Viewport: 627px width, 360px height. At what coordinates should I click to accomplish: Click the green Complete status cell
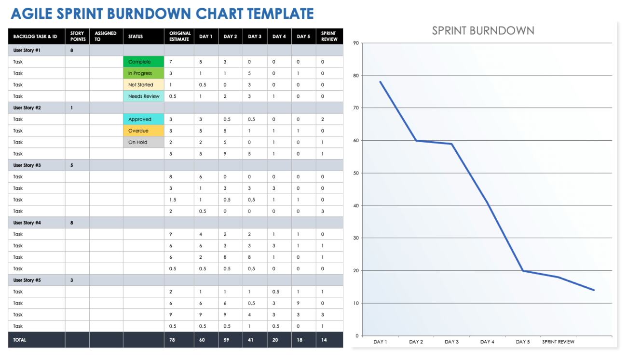point(143,62)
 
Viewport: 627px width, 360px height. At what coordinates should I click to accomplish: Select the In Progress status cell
point(143,73)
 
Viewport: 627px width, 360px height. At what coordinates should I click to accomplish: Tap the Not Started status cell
point(143,85)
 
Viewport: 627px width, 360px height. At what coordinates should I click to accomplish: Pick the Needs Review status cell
point(143,96)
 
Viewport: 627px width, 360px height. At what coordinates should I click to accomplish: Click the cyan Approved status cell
point(143,120)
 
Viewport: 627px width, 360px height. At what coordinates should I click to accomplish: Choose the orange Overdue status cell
point(143,131)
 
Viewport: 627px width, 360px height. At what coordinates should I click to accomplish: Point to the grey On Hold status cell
point(143,142)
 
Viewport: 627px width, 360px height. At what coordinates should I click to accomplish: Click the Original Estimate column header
point(179,36)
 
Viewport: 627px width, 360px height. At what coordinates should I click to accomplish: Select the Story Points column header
point(77,36)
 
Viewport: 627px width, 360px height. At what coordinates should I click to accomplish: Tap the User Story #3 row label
point(27,165)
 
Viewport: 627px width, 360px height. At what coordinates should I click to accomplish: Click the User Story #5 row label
point(27,280)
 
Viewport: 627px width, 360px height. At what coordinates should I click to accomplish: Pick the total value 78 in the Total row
point(173,340)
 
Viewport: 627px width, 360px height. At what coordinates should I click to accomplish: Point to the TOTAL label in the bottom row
point(20,340)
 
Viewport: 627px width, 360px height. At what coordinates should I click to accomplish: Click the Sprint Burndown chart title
point(483,30)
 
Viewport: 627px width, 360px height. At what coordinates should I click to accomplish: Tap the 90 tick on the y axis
point(356,43)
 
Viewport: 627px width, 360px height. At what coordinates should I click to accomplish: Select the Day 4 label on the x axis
point(487,342)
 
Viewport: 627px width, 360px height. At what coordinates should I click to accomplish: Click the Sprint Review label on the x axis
point(558,342)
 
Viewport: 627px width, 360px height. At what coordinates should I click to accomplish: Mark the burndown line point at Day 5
point(523,270)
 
